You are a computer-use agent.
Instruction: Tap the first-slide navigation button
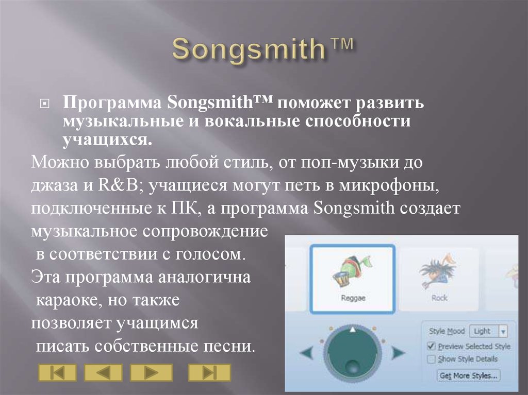pos(57,372)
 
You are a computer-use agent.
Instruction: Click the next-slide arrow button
pos(151,372)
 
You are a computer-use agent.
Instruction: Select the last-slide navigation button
pos(209,372)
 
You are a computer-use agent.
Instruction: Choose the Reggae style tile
pos(353,279)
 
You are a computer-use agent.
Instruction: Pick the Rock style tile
pos(439,279)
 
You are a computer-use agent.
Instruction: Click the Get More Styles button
pos(468,375)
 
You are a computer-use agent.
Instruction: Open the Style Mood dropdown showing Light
pos(489,331)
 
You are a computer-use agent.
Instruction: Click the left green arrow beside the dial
pos(308,353)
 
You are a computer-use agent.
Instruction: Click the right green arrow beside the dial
pos(398,353)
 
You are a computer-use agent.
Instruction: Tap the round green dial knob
pos(353,353)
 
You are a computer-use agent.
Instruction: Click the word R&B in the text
pos(120,186)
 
